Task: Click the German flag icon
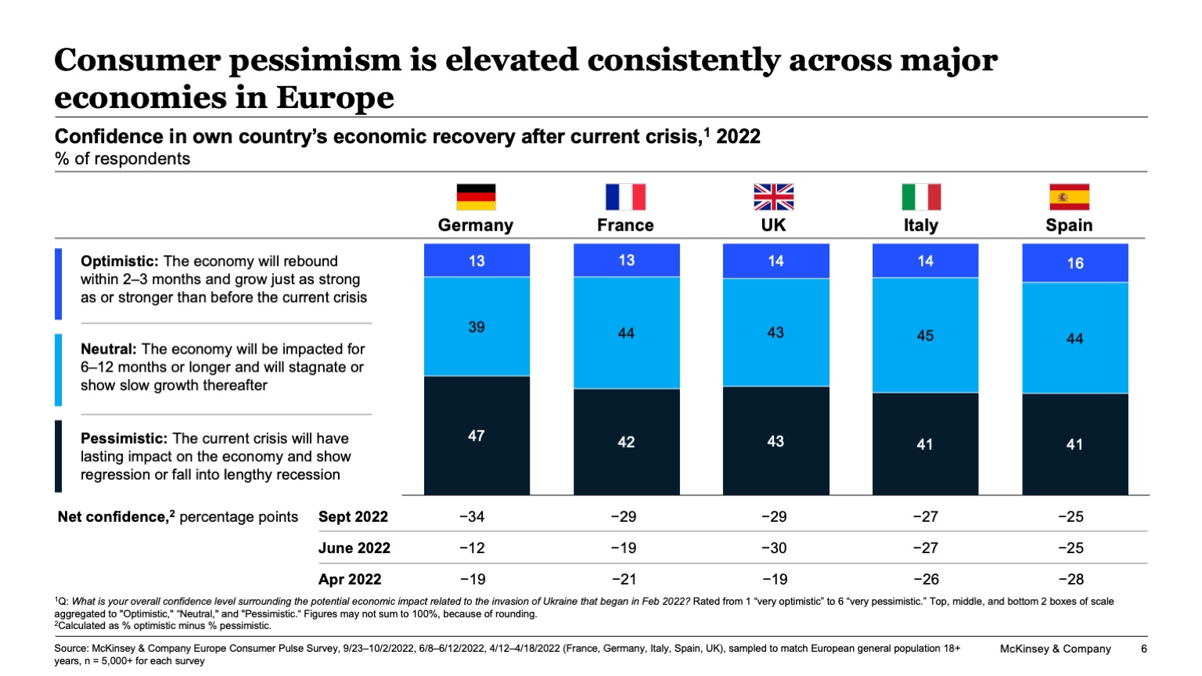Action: click(476, 197)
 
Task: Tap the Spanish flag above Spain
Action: click(1069, 197)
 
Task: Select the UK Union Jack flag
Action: click(773, 197)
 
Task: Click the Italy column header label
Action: click(920, 225)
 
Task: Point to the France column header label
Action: click(625, 225)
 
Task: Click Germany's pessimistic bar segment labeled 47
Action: click(477, 436)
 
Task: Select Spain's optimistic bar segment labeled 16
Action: click(1075, 263)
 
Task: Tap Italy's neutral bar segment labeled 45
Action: click(925, 335)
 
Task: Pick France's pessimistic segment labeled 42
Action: click(626, 442)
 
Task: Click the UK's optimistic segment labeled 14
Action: click(776, 261)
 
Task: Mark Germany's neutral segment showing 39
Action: click(477, 327)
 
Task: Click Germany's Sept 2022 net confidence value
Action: click(472, 516)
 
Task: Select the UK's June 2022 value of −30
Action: click(774, 548)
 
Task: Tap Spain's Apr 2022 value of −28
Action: click(1071, 579)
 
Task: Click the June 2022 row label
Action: click(354, 548)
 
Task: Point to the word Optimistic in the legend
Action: click(118, 261)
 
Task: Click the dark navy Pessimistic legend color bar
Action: click(59, 456)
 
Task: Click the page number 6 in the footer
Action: click(1143, 649)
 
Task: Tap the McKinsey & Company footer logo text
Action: click(1055, 649)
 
